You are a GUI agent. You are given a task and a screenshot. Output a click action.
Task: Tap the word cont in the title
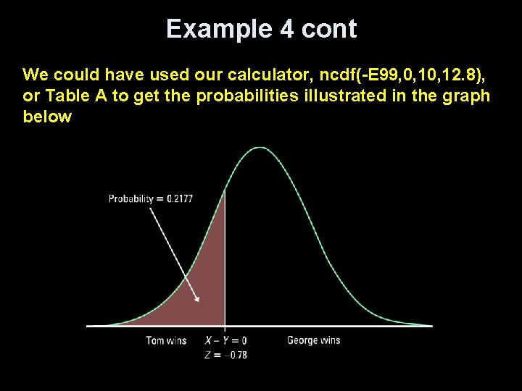tap(330, 29)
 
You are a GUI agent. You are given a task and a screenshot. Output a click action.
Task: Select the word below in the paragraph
tap(47, 117)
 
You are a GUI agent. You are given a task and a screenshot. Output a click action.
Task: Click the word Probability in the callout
tap(130, 198)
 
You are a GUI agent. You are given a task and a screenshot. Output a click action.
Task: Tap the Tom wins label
tap(166, 340)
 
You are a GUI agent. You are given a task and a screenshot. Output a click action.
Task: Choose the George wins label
tap(313, 340)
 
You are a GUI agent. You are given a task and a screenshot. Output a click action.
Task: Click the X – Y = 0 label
tap(225, 340)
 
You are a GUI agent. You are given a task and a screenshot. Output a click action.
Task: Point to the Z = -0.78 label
tap(225, 354)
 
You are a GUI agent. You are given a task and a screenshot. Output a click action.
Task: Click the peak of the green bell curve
tap(260, 148)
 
